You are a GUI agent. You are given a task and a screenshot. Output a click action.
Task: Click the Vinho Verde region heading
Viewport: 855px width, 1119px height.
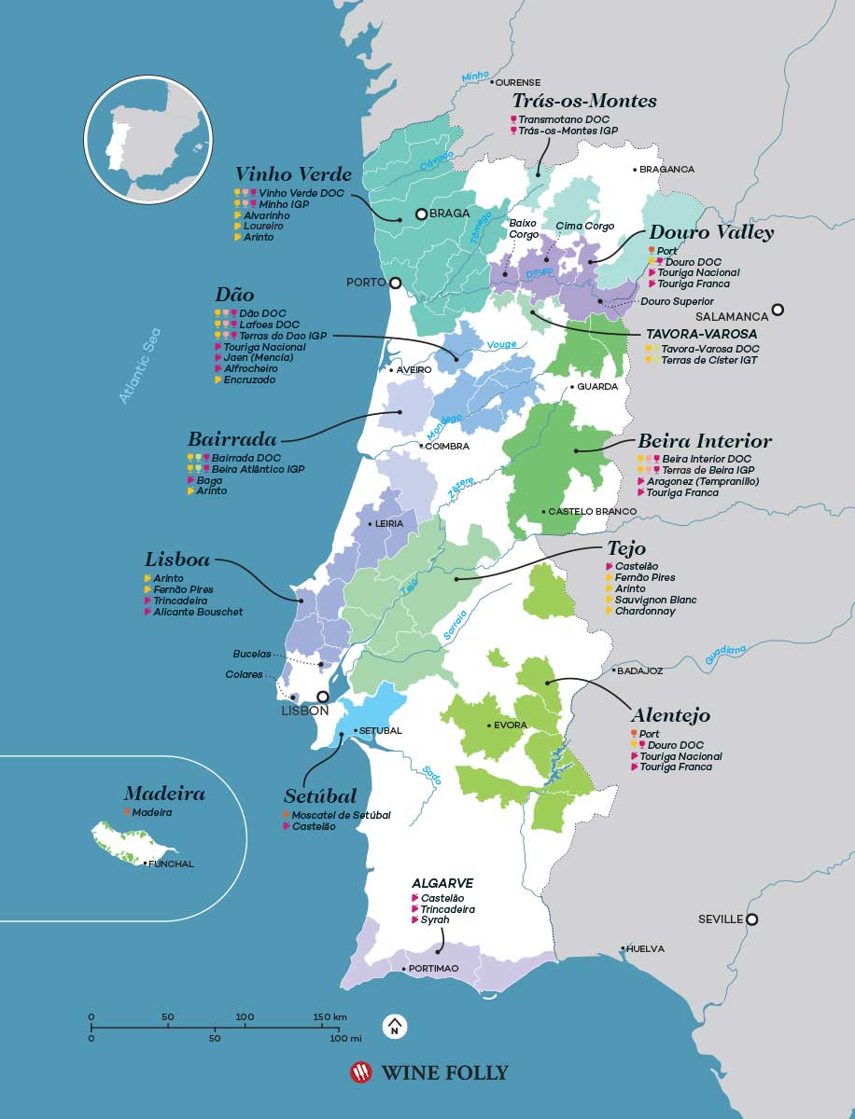[x=293, y=174]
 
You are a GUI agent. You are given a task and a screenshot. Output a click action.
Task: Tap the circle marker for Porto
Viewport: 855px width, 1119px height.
[x=395, y=283]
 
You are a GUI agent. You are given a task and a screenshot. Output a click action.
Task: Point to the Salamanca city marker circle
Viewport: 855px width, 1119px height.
[x=778, y=310]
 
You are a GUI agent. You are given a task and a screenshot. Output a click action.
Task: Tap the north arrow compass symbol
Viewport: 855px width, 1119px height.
[x=395, y=1027]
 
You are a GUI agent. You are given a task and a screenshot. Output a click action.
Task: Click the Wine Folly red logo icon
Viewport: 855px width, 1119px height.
[x=360, y=1072]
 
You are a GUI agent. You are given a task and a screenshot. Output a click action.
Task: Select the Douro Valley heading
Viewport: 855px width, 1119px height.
[x=711, y=233]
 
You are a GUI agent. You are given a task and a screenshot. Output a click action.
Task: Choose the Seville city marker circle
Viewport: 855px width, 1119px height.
[x=751, y=919]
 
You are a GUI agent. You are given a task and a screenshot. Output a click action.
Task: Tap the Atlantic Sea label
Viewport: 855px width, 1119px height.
[x=141, y=366]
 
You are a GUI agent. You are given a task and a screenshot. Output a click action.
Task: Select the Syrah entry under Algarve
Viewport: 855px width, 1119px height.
[x=435, y=919]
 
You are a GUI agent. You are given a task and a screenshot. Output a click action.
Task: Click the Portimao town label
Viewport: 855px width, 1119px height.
[x=434, y=969]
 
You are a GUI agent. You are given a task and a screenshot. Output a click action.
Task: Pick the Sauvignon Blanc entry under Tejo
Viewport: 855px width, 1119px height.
[x=655, y=600]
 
